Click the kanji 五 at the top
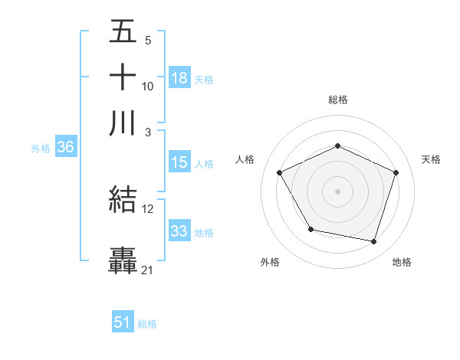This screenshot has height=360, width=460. tap(123, 31)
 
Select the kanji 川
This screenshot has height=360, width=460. tap(123, 123)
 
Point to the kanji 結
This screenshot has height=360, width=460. tap(123, 200)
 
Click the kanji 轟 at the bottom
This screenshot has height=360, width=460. tap(123, 260)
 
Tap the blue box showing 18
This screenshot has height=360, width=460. tap(179, 78)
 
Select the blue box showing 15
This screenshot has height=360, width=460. tap(179, 162)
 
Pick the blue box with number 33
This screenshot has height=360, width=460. tap(179, 232)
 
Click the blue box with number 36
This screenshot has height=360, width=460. tap(65, 148)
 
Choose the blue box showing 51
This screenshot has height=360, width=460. tap(123, 322)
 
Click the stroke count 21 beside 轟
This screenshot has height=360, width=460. tap(148, 270)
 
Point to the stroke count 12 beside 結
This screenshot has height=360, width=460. tap(148, 208)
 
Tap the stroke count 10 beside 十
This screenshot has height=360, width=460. tap(148, 86)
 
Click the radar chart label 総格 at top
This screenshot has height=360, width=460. tap(338, 100)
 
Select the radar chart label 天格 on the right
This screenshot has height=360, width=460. tap(431, 159)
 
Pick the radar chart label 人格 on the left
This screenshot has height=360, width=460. tap(245, 159)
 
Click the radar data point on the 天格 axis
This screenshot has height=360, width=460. tap(396, 172)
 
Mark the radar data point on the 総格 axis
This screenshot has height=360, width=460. tap(338, 146)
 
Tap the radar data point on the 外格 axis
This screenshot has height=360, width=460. tap(310, 229)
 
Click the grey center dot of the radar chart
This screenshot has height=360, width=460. tap(338, 191)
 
